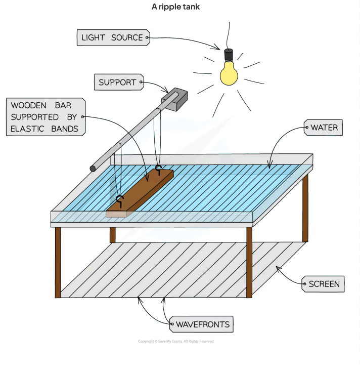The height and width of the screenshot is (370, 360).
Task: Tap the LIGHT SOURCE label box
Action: [113, 37]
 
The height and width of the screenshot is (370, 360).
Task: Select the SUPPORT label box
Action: [117, 82]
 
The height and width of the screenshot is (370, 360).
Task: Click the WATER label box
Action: [323, 128]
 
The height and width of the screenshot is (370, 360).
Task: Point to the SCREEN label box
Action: [323, 284]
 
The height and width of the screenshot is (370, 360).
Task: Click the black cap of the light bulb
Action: [229, 54]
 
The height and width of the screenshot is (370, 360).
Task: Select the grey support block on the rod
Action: [175, 100]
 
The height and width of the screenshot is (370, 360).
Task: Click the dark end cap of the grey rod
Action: [93, 169]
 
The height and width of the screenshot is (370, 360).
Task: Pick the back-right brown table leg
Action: [305, 208]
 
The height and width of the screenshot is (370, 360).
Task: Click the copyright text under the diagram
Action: [176, 342]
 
